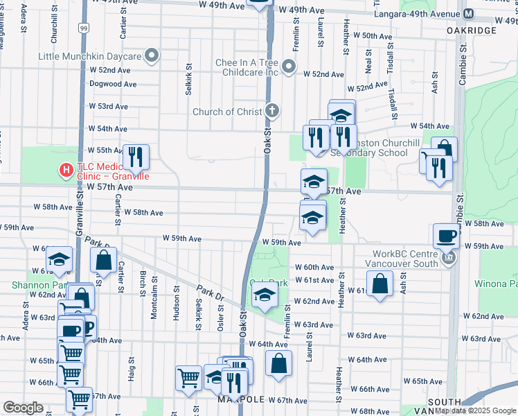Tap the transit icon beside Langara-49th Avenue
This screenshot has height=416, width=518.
tap(469, 14)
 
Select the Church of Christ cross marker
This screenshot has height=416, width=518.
tap(273, 111)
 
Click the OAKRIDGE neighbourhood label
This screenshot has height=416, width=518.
tap(472, 31)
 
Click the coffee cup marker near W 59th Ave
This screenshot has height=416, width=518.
tap(446, 236)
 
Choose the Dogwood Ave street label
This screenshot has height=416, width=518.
tap(113, 84)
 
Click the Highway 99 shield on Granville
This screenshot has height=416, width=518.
tap(83, 28)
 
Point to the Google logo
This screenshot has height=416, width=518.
tap(23, 408)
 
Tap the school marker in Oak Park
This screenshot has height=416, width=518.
tap(263, 295)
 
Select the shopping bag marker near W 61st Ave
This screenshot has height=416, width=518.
tap(379, 284)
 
